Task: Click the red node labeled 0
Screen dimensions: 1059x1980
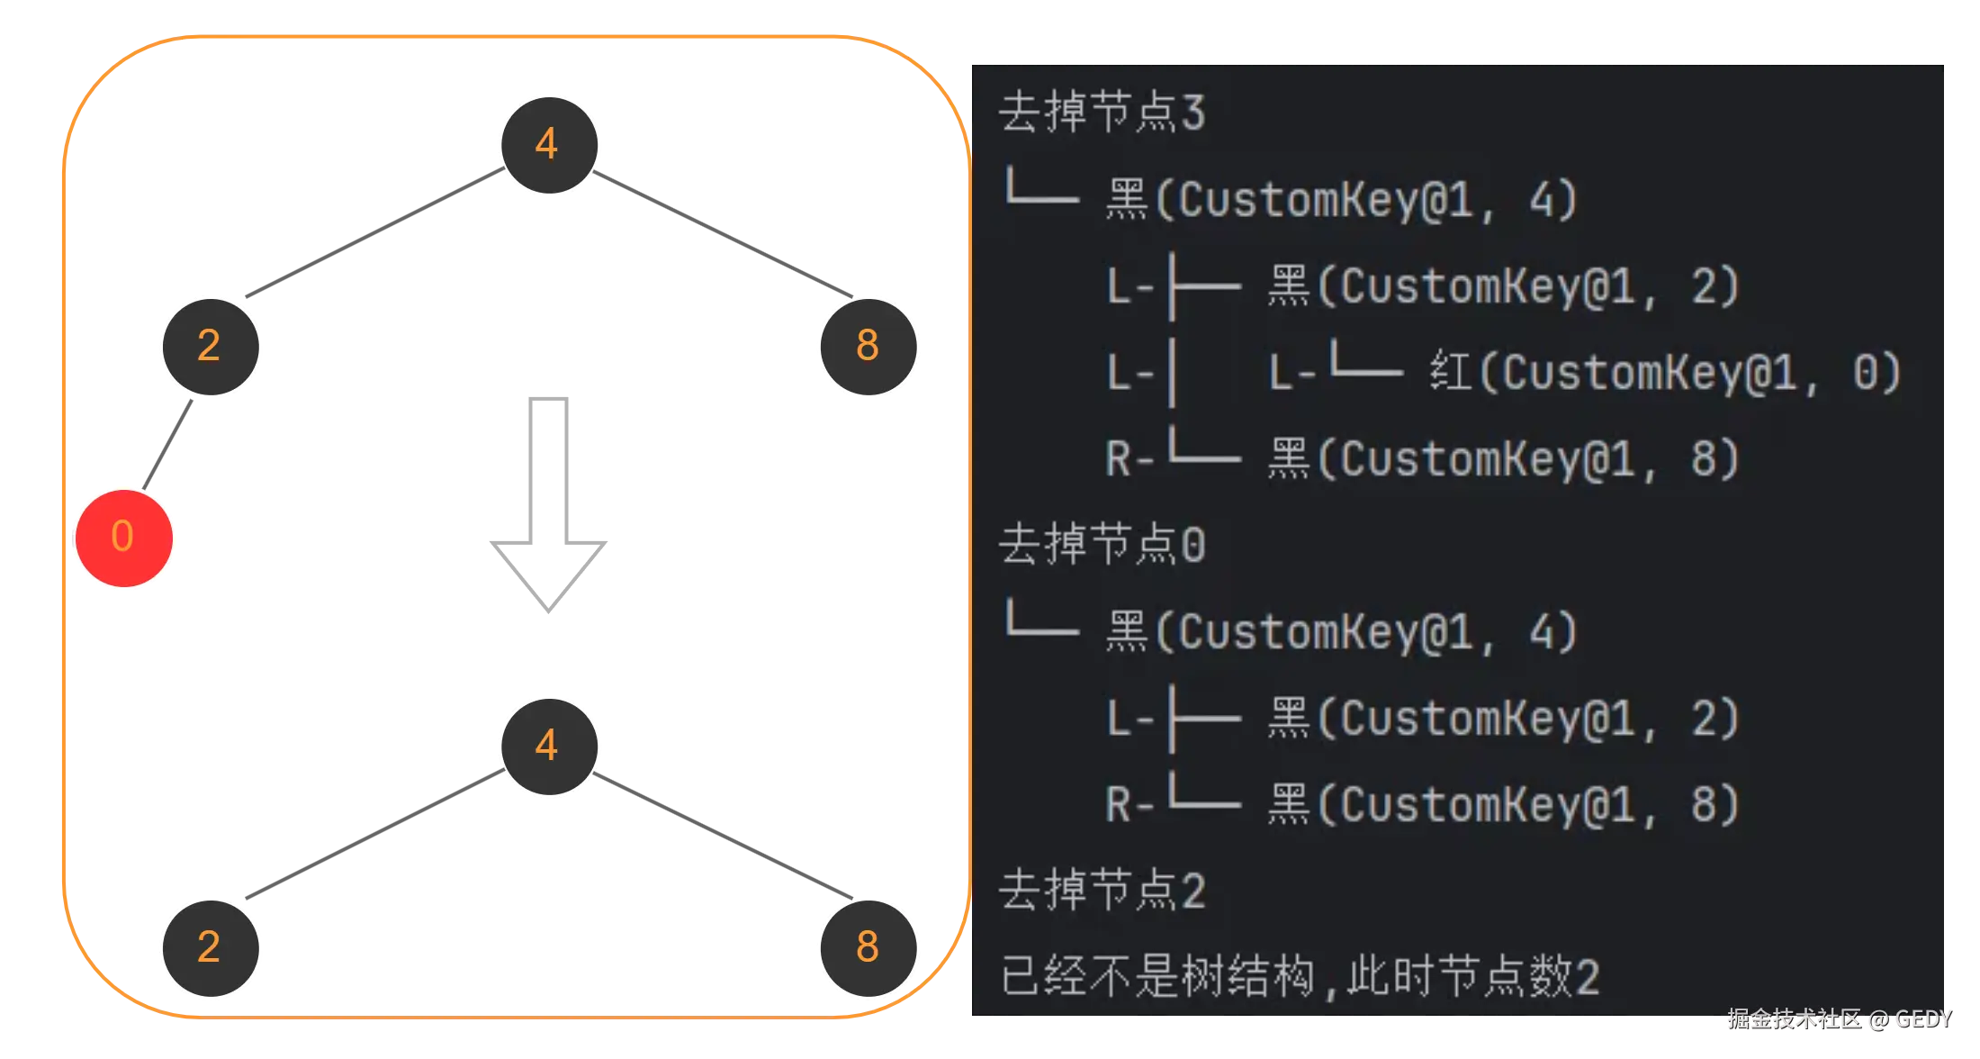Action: coord(123,538)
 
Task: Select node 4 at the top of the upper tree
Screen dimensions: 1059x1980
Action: coord(549,144)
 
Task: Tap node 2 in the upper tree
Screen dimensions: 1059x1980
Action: coord(211,346)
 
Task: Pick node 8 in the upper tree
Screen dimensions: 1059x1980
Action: coord(867,346)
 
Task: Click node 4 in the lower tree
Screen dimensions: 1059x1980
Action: coord(549,746)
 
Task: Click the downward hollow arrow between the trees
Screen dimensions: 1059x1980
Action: coord(547,504)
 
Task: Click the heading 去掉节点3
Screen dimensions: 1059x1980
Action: coord(1102,113)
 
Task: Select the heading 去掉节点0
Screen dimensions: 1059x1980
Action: coord(1102,545)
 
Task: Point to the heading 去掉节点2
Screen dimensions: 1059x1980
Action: coord(1102,891)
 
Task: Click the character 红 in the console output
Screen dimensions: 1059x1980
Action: coord(1451,372)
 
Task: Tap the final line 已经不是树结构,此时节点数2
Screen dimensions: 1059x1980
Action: coord(1300,976)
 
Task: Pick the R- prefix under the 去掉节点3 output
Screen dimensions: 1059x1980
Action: coord(1129,459)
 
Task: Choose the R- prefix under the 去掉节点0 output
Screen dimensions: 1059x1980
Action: coord(1129,804)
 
